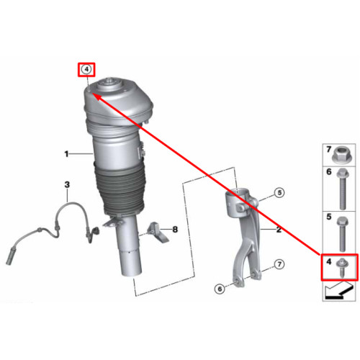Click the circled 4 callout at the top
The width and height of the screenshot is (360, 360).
click(86, 70)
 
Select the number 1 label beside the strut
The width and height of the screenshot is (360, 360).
click(66, 154)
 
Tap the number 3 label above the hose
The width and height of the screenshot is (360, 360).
click(67, 184)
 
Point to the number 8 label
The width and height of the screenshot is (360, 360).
click(175, 230)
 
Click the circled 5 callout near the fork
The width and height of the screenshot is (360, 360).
click(279, 192)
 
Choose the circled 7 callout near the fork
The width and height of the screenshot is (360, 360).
click(279, 264)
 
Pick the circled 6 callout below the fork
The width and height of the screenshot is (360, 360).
click(220, 289)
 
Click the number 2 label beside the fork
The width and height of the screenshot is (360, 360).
click(279, 230)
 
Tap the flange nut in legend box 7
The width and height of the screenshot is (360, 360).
click(341, 155)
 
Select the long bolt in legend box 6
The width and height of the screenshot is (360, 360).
click(343, 189)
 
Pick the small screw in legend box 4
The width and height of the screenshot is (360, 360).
click(342, 268)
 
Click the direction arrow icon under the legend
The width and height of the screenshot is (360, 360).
click(338, 292)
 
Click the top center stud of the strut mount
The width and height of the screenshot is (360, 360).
click(110, 81)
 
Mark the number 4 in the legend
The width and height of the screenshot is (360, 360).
click(328, 261)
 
